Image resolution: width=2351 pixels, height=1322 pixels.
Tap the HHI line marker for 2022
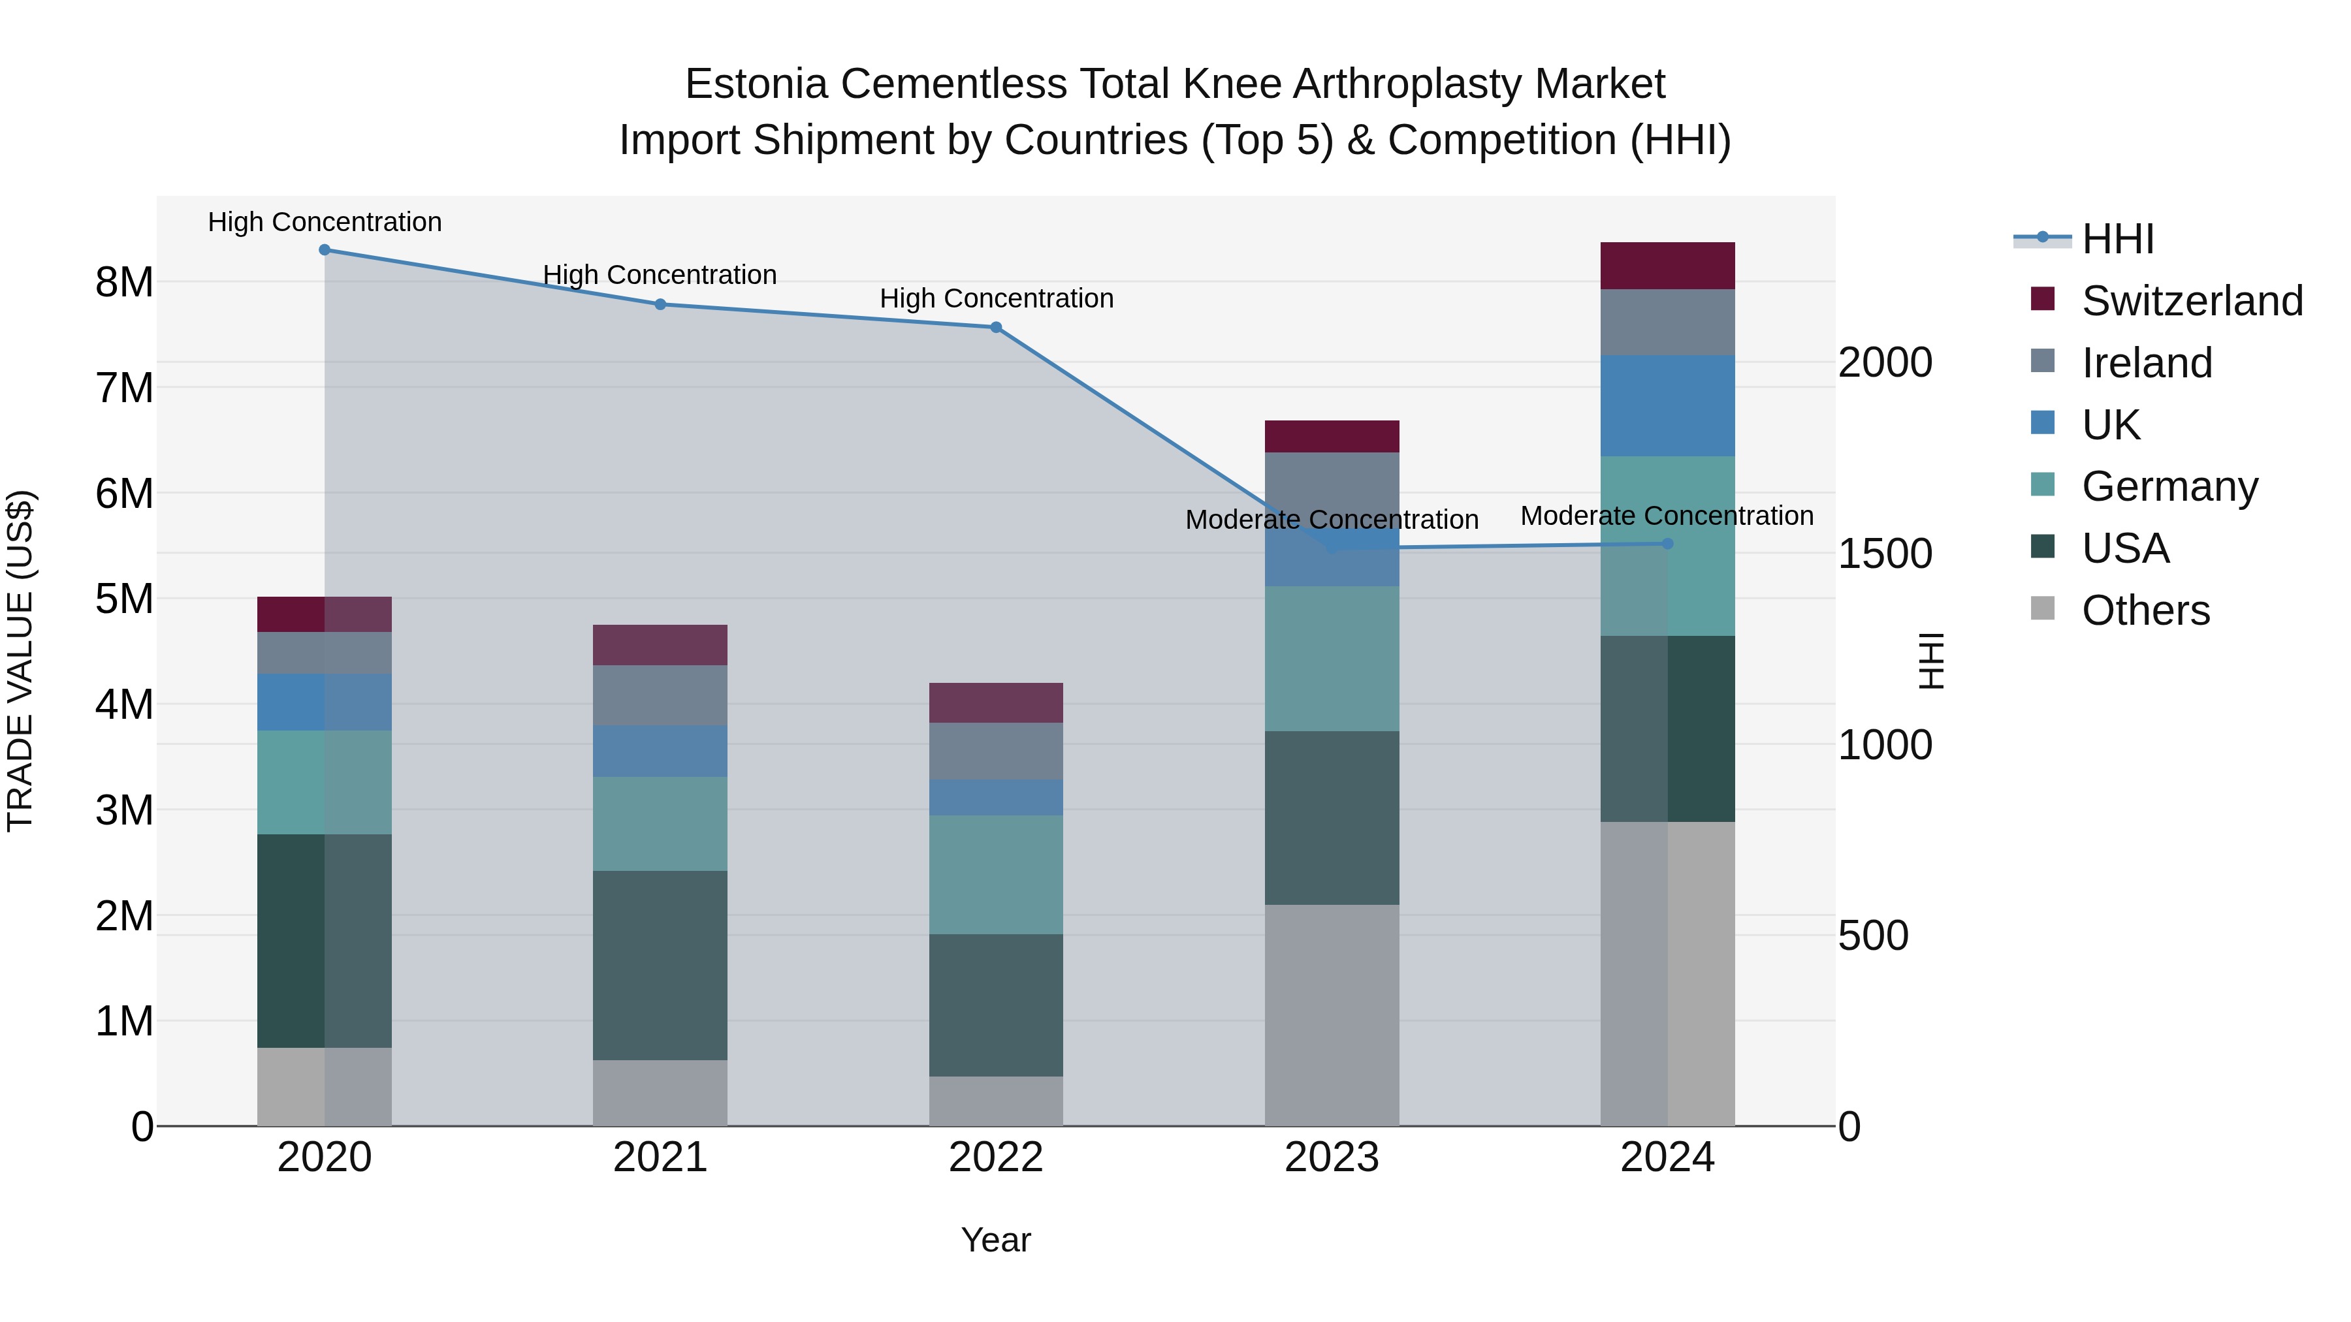[996, 328]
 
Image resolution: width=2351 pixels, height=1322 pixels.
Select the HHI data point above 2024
[1667, 544]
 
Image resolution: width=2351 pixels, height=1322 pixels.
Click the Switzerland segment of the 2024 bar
[1667, 266]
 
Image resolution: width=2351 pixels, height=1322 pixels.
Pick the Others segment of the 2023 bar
[1332, 1015]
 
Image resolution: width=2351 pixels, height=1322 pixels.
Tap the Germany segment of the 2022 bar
[996, 874]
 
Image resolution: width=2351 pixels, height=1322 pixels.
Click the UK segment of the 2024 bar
[1667, 405]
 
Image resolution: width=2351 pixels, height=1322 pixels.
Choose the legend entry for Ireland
[2147, 363]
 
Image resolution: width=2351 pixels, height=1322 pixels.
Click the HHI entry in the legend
[2117, 239]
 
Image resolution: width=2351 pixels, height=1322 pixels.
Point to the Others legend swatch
[2043, 608]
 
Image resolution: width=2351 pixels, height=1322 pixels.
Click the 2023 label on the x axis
[1332, 1157]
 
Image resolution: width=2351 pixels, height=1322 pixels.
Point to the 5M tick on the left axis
[124, 599]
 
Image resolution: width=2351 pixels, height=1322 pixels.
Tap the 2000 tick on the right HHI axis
[1885, 363]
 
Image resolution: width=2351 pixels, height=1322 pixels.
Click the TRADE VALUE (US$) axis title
[20, 661]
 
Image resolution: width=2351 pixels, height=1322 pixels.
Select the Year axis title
[996, 1240]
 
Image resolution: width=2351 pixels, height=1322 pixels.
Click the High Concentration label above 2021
[660, 275]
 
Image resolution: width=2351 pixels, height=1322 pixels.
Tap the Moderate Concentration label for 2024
[1667, 516]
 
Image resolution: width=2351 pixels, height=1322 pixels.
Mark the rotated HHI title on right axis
[1931, 661]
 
